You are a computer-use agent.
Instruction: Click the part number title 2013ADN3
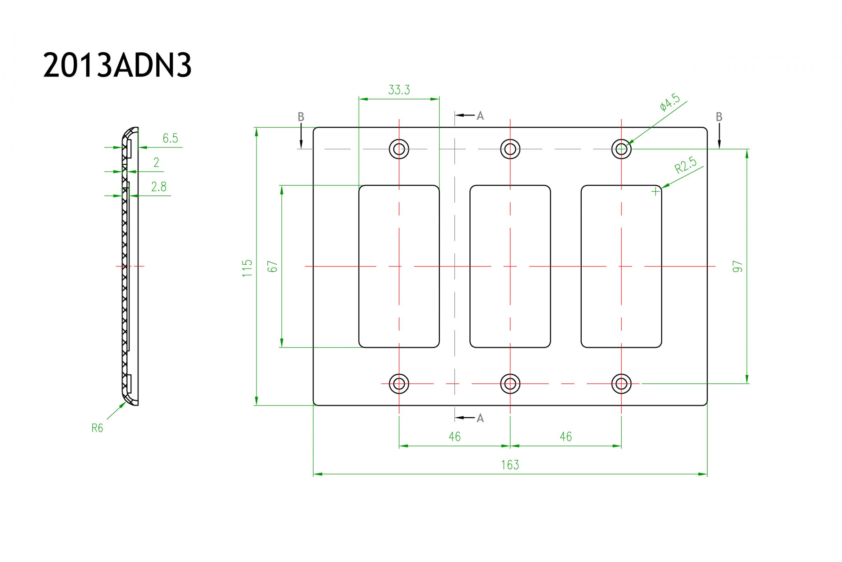[117, 65]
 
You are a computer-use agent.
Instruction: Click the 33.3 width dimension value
[399, 90]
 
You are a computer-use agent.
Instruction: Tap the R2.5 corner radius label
[685, 165]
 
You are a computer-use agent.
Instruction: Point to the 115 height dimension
[247, 268]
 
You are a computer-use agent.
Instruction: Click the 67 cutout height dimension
[273, 266]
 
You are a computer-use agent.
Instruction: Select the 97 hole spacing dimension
[737, 267]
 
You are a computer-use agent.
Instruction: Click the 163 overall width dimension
[510, 465]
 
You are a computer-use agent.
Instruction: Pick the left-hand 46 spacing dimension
[454, 437]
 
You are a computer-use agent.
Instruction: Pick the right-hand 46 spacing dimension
[566, 437]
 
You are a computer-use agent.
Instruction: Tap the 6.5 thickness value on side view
[170, 138]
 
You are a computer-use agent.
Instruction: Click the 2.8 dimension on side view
[159, 187]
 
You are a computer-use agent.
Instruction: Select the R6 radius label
[97, 428]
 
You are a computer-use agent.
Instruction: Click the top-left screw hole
[399, 149]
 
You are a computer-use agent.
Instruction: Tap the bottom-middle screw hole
[510, 384]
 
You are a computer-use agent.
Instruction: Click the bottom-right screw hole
[621, 384]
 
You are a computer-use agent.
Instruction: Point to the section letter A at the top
[480, 115]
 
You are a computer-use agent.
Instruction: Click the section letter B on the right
[719, 117]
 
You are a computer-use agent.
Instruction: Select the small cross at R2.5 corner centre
[655, 192]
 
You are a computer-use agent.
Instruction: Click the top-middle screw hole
[510, 149]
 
